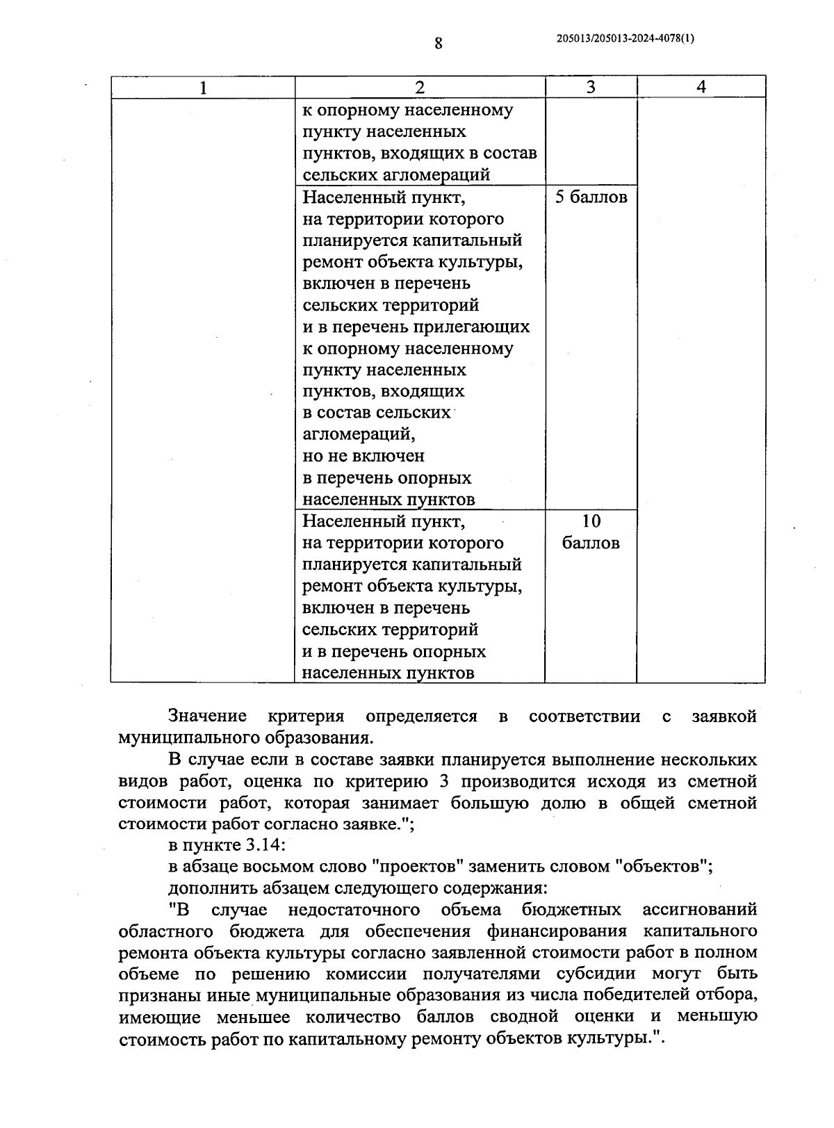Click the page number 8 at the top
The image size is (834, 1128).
(438, 43)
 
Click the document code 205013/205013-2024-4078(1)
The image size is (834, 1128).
(625, 39)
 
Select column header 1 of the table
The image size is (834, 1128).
(202, 88)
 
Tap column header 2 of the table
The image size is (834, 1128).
(419, 88)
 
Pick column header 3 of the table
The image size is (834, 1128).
(591, 87)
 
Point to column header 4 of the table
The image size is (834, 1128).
(701, 87)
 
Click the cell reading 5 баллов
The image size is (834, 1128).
(591, 197)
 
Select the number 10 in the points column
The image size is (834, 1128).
(591, 521)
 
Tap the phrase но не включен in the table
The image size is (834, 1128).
(363, 456)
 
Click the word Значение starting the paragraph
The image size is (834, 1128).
(207, 717)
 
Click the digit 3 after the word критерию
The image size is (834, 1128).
(445, 781)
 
